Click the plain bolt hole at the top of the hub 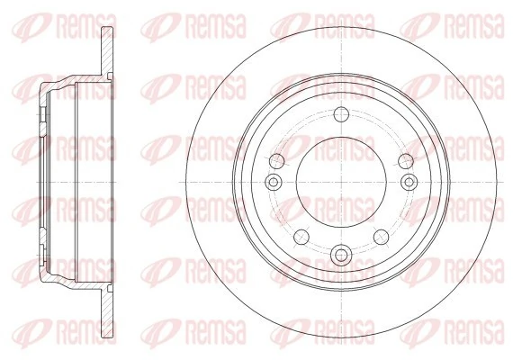pos(339,114)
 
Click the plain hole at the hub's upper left pos(277,160)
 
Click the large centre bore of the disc pos(339,184)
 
